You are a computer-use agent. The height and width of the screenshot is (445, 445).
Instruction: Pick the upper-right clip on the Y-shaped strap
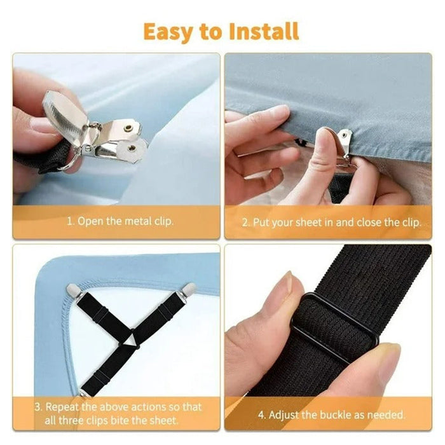188,290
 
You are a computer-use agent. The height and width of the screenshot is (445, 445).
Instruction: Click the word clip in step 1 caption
161,222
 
